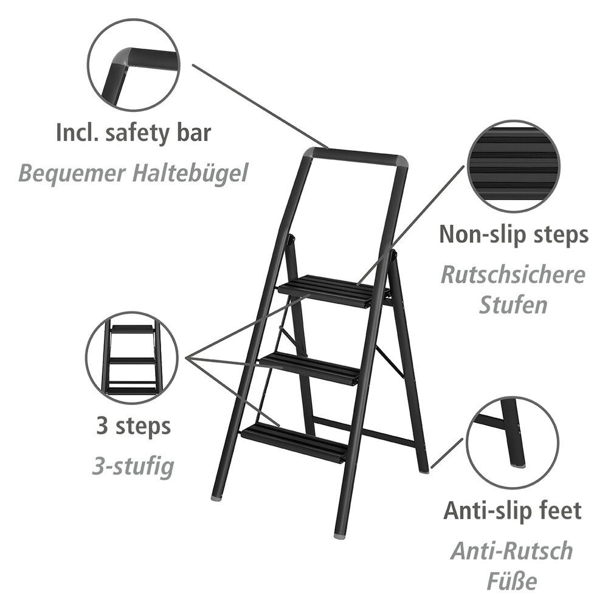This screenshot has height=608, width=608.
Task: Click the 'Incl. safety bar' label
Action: pyautogui.click(x=133, y=133)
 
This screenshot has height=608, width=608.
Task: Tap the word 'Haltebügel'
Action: pyautogui.click(x=190, y=173)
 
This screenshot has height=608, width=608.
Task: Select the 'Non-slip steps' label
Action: pyautogui.click(x=514, y=235)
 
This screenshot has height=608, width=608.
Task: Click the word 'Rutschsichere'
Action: pyautogui.click(x=513, y=275)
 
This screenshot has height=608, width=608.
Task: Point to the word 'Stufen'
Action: pyautogui.click(x=513, y=305)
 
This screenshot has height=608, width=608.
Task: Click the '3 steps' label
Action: pyautogui.click(x=133, y=426)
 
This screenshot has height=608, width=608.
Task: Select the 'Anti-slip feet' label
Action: pyautogui.click(x=512, y=511)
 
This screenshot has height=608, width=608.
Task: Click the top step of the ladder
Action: pyautogui.click(x=333, y=291)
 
